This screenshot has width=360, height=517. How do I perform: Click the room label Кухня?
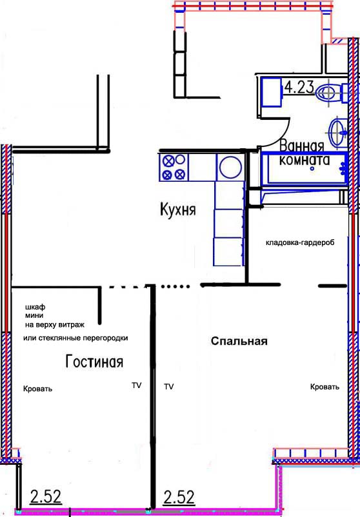(x=177, y=210)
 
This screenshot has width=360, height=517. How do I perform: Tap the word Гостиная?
(x=94, y=362)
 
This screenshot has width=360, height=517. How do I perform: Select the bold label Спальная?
(x=239, y=341)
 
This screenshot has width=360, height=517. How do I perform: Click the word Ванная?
(x=302, y=146)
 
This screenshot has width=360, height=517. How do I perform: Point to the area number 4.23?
(x=299, y=87)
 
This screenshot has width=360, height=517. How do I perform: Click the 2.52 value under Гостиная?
(x=46, y=497)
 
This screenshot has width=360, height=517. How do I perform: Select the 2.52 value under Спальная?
(x=179, y=497)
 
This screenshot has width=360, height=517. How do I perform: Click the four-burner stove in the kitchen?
(x=174, y=167)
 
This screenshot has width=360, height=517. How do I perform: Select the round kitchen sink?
(x=231, y=167)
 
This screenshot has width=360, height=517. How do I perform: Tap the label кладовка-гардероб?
(x=300, y=242)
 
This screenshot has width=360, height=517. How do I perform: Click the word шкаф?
(x=35, y=307)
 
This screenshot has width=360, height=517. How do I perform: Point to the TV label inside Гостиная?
(x=137, y=385)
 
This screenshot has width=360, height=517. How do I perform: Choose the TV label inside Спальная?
(x=168, y=386)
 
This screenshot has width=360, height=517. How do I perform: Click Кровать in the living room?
(x=37, y=389)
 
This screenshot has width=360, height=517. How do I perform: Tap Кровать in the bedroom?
(x=325, y=387)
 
